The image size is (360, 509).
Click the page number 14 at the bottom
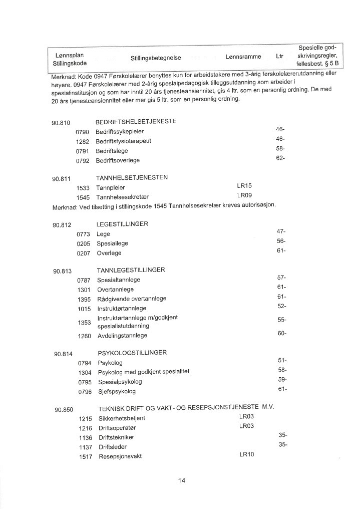click(x=182, y=481)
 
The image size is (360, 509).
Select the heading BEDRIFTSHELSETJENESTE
click(x=136, y=122)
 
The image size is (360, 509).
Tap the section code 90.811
click(x=62, y=178)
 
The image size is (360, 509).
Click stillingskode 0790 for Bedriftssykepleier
click(x=82, y=132)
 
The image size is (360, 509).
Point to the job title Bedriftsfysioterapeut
click(x=123, y=141)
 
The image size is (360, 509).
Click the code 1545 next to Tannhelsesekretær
click(x=83, y=197)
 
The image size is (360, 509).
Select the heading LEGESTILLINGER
click(x=122, y=224)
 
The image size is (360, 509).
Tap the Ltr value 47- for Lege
click(x=281, y=231)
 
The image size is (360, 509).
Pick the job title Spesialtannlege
click(x=119, y=280)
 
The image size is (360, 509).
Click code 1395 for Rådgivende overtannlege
click(x=84, y=299)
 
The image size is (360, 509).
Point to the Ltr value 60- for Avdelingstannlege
click(x=282, y=334)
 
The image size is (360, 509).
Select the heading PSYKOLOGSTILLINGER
click(x=132, y=353)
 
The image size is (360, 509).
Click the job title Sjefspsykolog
click(x=117, y=392)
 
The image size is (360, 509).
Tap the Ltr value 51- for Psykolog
click(x=282, y=360)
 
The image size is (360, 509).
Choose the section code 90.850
click(x=64, y=410)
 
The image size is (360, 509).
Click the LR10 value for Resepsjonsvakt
click(x=247, y=454)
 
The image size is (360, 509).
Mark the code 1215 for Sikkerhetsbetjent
click(x=86, y=418)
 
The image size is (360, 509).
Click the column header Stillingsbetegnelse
click(x=156, y=59)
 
